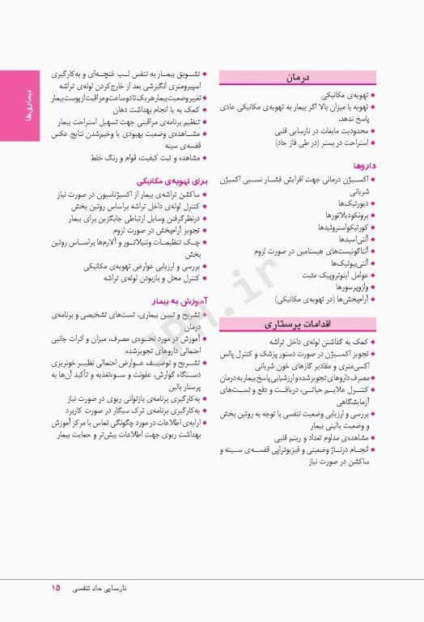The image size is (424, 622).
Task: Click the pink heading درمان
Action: click(299, 78)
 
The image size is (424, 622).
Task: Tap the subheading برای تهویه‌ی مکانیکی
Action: click(167, 181)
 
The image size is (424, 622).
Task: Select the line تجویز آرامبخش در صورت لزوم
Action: click(159, 229)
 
